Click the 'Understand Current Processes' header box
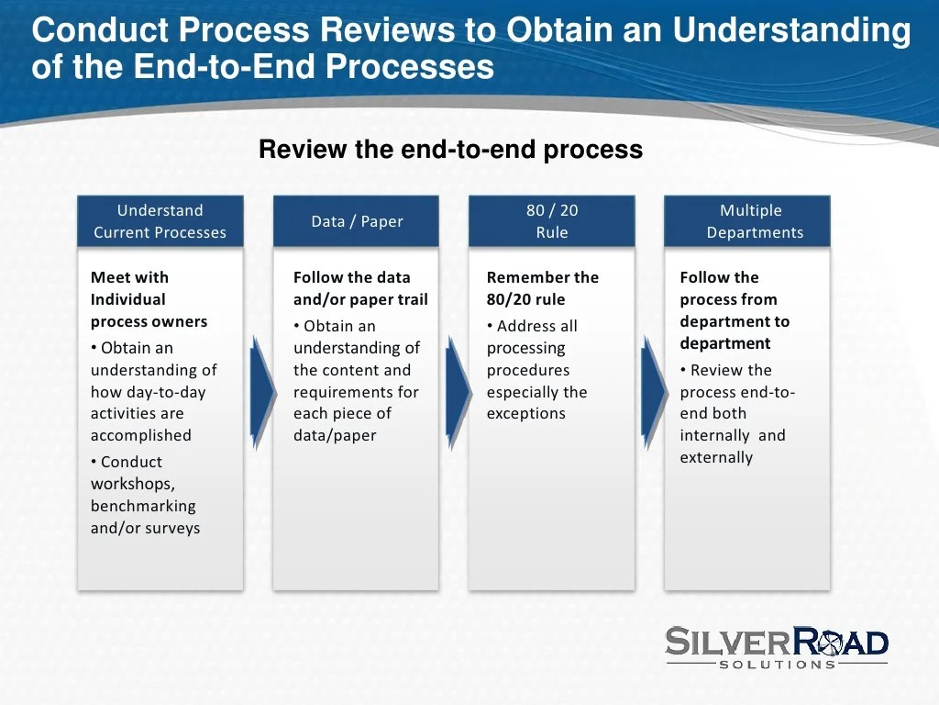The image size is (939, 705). pyautogui.click(x=160, y=221)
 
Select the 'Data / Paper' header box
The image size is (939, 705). pyautogui.click(x=357, y=221)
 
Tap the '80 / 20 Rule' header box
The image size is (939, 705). pyautogui.click(x=551, y=221)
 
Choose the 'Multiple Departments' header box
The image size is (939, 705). pyautogui.click(x=747, y=221)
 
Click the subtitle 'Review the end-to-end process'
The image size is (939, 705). pyautogui.click(x=450, y=150)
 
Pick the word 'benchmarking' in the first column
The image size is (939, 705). pyautogui.click(x=143, y=506)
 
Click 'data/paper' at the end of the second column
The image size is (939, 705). pyautogui.click(x=335, y=436)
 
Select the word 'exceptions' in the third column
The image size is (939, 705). pyautogui.click(x=525, y=414)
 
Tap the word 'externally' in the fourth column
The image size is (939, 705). pyautogui.click(x=716, y=457)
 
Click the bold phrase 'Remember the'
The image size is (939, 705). pyautogui.click(x=542, y=277)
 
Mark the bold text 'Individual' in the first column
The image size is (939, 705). pyautogui.click(x=127, y=299)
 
